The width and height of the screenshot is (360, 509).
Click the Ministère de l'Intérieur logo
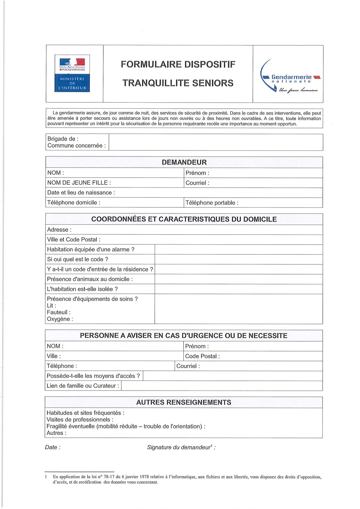72,73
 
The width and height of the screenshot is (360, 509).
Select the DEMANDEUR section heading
184,162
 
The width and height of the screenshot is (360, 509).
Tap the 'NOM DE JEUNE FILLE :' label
79,183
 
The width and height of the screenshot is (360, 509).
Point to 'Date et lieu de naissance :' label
81,193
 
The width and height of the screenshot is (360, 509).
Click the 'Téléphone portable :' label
212,203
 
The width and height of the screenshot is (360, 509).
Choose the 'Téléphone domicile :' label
74,202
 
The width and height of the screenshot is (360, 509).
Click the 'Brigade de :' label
63,139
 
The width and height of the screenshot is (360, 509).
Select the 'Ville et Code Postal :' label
74,239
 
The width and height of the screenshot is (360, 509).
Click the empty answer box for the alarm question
238,250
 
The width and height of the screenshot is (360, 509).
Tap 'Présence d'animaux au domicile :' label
90,279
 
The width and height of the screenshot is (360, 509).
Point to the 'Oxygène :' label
60,319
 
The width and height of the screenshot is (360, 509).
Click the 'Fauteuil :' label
59,312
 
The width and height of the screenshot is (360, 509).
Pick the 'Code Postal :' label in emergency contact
202,356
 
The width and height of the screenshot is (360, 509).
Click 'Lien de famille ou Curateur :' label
83,386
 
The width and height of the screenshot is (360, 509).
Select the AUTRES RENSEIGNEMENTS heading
184,402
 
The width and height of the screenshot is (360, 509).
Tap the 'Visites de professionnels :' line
80,420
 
